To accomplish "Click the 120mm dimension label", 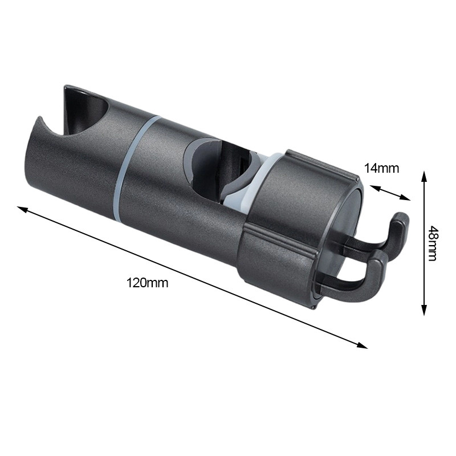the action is (147, 283).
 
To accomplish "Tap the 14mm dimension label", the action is (381, 168).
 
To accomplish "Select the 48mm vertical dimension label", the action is (433, 244).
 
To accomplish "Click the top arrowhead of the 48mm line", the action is (424, 177).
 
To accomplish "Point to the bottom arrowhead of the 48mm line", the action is (424, 310).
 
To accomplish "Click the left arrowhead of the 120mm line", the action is (23, 209).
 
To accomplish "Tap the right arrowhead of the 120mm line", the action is (362, 345).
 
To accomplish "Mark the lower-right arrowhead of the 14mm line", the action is (405, 197).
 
